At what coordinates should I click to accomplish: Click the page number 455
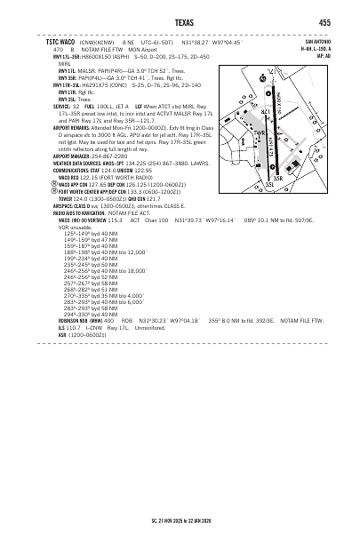tap(325, 22)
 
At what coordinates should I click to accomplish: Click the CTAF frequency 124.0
tap(114, 170)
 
